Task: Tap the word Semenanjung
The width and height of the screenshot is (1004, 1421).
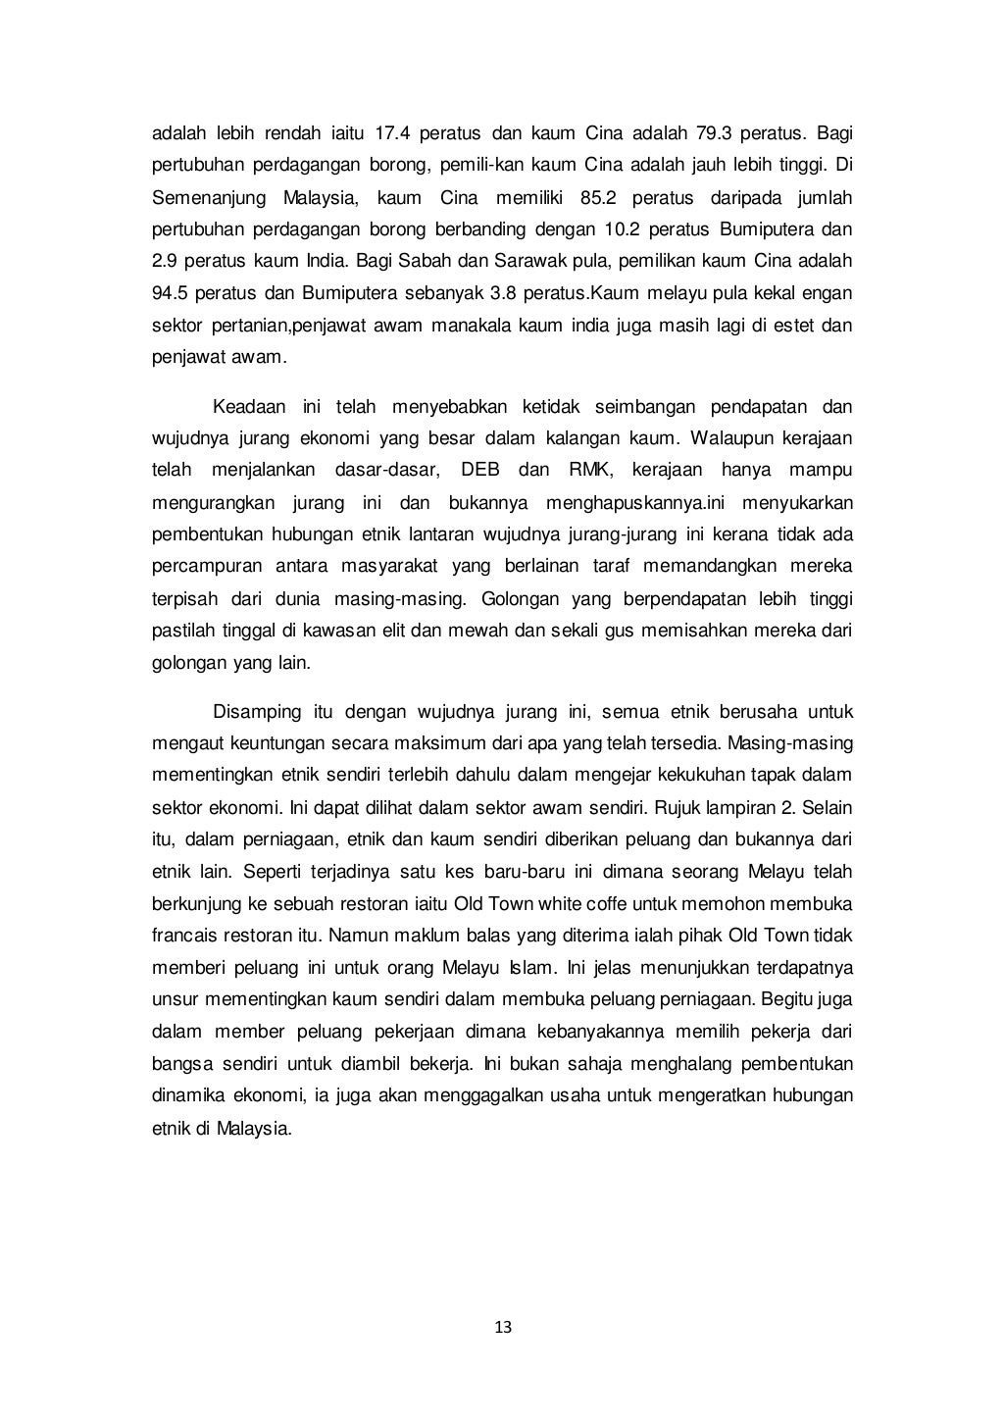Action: pos(208,198)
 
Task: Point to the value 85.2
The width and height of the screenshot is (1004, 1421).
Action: pos(598,198)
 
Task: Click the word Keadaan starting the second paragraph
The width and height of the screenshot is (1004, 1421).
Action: pos(250,407)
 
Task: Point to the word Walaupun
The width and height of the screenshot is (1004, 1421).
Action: pos(731,438)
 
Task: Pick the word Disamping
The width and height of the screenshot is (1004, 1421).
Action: pos(254,711)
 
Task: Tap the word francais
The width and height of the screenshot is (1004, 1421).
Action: pos(184,935)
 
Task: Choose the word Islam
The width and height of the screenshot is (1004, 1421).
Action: pos(529,967)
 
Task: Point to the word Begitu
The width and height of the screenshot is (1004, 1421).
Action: pos(783,999)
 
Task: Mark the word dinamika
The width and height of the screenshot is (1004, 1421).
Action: pos(185,1094)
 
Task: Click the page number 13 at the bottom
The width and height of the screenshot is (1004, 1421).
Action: pos(503,1328)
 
